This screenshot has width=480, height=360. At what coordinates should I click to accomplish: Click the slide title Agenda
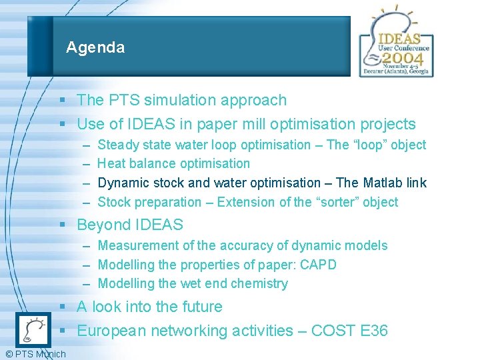click(95, 47)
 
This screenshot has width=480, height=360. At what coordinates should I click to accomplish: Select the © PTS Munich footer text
click(35, 353)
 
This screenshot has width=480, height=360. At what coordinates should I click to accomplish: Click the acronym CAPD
click(318, 265)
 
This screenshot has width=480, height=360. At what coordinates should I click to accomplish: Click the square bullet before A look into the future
click(61, 307)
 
